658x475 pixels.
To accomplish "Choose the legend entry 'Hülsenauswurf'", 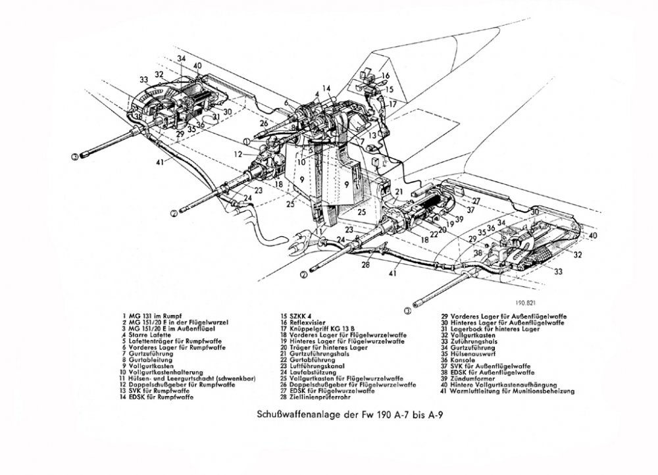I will pos(471,355).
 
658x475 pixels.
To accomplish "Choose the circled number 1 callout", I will pos(245,141).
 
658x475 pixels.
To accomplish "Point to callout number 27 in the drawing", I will pos(476,200).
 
